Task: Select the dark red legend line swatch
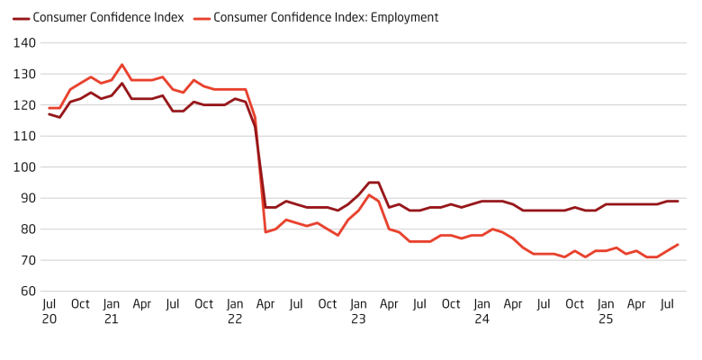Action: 21,17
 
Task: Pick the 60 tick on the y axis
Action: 27,292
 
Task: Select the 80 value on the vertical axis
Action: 27,229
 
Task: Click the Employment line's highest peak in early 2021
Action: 121,65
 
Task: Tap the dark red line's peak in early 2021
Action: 121,84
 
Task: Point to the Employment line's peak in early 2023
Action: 369,195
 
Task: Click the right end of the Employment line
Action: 678,245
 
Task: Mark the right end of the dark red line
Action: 678,202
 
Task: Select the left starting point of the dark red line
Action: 49,114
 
